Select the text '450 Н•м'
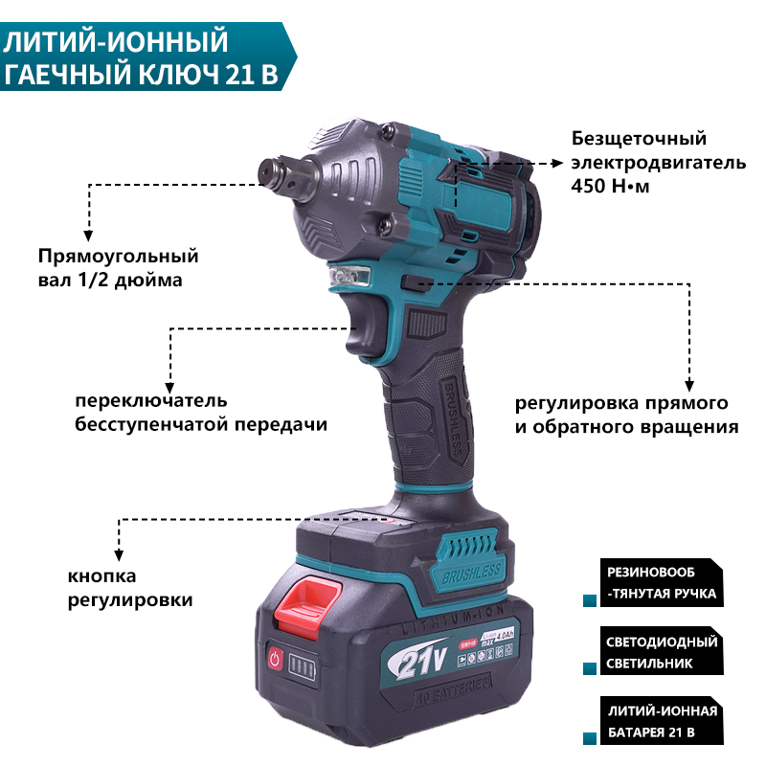pos(610,185)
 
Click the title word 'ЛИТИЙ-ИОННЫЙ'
pos(117,43)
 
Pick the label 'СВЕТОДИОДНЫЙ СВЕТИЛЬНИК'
pos(662,651)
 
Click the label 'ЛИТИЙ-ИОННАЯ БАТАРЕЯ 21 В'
pos(662,721)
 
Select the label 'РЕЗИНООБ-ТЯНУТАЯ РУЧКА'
pos(662,581)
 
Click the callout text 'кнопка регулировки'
pos(130,588)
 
